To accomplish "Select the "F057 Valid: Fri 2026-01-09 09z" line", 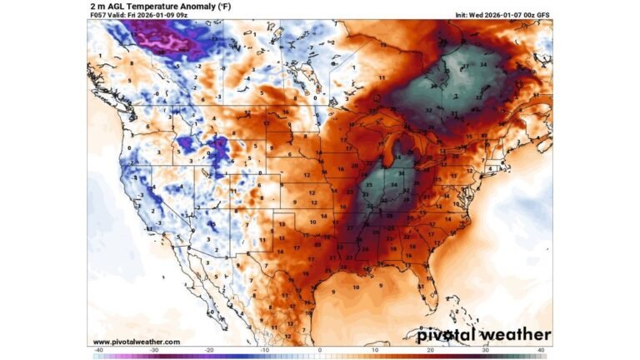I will tap(138, 16).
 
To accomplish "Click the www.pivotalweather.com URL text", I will tap(136, 342).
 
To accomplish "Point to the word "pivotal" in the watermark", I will tap(453, 334).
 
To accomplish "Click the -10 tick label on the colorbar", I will tap(262, 350).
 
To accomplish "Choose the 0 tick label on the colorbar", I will tap(320, 350).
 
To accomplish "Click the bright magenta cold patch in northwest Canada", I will tap(162, 35).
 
